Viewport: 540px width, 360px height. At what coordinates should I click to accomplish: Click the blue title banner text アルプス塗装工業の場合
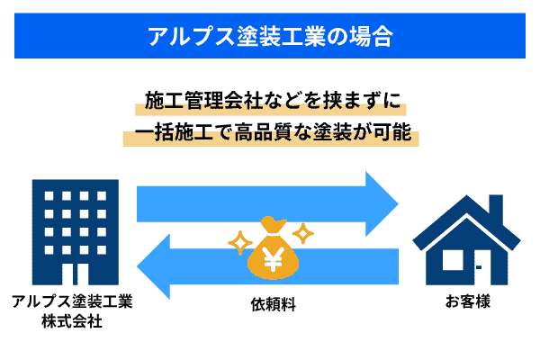point(270,36)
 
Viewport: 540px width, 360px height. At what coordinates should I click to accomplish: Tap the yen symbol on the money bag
point(273,258)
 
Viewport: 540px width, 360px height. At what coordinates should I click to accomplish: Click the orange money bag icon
point(273,247)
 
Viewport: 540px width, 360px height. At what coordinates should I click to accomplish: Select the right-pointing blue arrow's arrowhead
point(382,204)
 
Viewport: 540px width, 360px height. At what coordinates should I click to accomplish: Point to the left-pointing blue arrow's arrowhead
point(154,266)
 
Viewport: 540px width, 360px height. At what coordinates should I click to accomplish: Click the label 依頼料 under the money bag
point(273,304)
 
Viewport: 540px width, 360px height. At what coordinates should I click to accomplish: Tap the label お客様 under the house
point(468,301)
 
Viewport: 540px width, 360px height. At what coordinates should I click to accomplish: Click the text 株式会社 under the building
point(72,321)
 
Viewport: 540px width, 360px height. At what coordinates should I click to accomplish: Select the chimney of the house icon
point(496,209)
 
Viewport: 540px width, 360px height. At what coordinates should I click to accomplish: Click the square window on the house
point(453,260)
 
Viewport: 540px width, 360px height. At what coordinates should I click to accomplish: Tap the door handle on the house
point(479,267)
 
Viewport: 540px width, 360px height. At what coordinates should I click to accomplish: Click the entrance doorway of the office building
point(76,274)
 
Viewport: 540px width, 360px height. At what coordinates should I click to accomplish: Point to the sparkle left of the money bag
point(240,243)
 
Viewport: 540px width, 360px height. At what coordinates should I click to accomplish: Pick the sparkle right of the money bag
point(303,233)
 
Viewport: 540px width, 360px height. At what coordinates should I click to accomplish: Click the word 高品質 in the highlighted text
point(264,132)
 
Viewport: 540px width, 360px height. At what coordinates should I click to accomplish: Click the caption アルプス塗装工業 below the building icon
point(72,301)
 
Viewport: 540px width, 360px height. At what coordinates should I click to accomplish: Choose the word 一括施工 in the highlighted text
point(174,132)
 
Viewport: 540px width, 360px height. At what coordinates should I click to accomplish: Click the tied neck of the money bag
point(273,235)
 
